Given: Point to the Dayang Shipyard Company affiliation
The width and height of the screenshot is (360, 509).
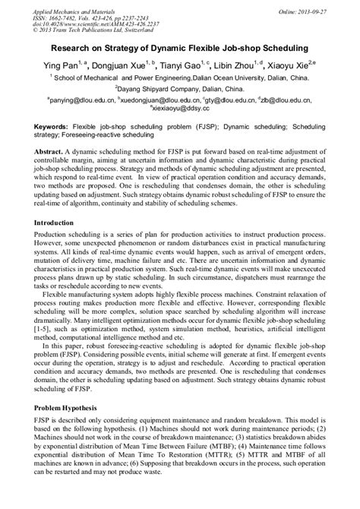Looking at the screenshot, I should tap(179, 88).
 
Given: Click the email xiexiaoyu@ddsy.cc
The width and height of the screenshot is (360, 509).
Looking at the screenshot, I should tap(180, 108).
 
